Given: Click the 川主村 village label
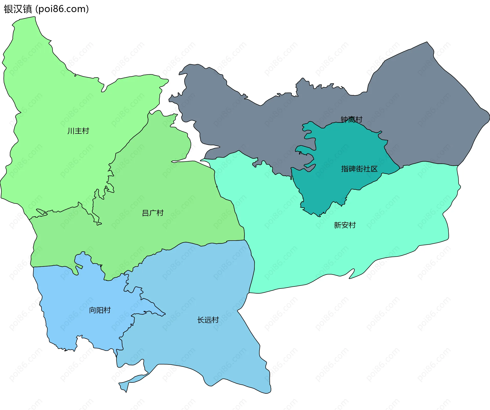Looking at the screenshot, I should [78, 131].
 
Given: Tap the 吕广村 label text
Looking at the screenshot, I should [153, 213].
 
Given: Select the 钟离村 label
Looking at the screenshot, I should [351, 119].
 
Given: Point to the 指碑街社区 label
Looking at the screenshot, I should [359, 169].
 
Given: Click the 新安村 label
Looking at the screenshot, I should [345, 225].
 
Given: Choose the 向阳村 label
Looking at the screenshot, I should [100, 310].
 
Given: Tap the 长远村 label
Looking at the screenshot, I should [208, 320].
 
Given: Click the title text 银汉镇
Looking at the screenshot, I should [18, 9].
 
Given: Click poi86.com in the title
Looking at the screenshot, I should [62, 9].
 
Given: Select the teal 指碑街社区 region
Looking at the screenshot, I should [332, 189].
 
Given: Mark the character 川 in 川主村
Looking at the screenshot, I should [71, 131].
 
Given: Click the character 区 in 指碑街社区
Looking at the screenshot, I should [374, 169].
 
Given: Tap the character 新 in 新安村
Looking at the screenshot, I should [337, 225].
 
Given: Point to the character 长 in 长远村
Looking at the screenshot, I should [201, 320].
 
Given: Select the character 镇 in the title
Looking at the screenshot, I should [27, 9].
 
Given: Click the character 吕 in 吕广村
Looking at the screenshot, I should [145, 213].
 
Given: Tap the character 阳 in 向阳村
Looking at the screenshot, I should [100, 310].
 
